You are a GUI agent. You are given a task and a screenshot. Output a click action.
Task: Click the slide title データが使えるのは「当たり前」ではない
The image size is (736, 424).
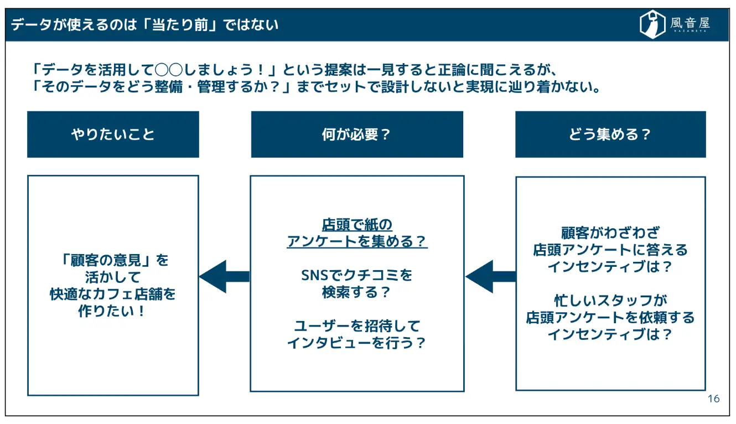coord(144,25)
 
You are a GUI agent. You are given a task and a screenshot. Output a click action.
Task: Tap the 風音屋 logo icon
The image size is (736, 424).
coord(652,25)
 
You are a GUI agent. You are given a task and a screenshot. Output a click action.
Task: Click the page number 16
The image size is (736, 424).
coord(713,399)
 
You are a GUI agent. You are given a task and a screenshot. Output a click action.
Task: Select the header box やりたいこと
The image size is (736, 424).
coord(113,135)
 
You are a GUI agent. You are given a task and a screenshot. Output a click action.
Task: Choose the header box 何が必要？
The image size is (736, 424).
coord(357,135)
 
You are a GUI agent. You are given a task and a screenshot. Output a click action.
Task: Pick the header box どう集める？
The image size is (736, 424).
coord(610,135)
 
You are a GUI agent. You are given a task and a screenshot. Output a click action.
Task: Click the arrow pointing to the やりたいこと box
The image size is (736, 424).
coord(224,276)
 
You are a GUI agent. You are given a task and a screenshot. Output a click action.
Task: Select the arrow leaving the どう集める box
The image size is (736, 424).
coord(490,276)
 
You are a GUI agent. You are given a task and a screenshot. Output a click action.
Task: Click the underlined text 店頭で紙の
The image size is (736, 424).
coord(357,225)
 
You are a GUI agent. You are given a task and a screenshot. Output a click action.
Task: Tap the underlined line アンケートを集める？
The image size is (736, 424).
coord(357,241)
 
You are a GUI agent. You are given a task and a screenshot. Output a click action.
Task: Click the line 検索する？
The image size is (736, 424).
coord(357,292)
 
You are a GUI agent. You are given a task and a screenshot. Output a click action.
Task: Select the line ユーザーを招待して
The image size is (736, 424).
coord(357,325)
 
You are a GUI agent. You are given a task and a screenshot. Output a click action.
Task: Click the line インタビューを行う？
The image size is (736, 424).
coord(357,343)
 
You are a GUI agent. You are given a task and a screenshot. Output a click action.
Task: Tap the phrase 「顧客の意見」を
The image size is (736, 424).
coord(113,260)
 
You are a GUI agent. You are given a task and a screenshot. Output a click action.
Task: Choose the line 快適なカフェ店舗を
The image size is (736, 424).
coord(113,293)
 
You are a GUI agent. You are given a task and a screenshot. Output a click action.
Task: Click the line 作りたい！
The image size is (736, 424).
coord(113,311)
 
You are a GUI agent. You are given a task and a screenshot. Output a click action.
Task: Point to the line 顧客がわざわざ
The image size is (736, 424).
coord(610,232)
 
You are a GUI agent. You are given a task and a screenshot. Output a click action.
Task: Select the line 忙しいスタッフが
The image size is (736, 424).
coord(610,301)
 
